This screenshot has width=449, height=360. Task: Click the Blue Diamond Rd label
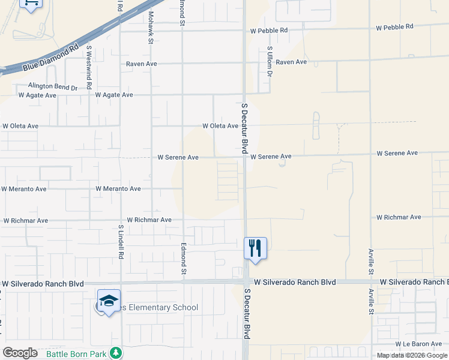coord(51,58)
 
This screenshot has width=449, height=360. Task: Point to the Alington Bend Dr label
coord(53,87)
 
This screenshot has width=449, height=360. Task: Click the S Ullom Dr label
coord(270,62)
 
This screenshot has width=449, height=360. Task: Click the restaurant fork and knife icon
coord(255,247)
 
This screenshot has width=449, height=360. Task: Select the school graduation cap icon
coord(109,300)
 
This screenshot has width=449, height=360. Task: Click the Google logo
coord(20,353)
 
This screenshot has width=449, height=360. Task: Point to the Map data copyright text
coord(412,356)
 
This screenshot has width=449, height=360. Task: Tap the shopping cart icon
coord(31,2)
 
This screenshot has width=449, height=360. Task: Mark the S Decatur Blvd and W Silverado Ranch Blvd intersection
coord(246,282)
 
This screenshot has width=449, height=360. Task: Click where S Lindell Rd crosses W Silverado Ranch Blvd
coord(121,283)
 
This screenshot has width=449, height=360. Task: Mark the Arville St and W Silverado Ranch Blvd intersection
coord(370,281)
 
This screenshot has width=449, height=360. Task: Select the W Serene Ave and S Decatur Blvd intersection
coord(245,157)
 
